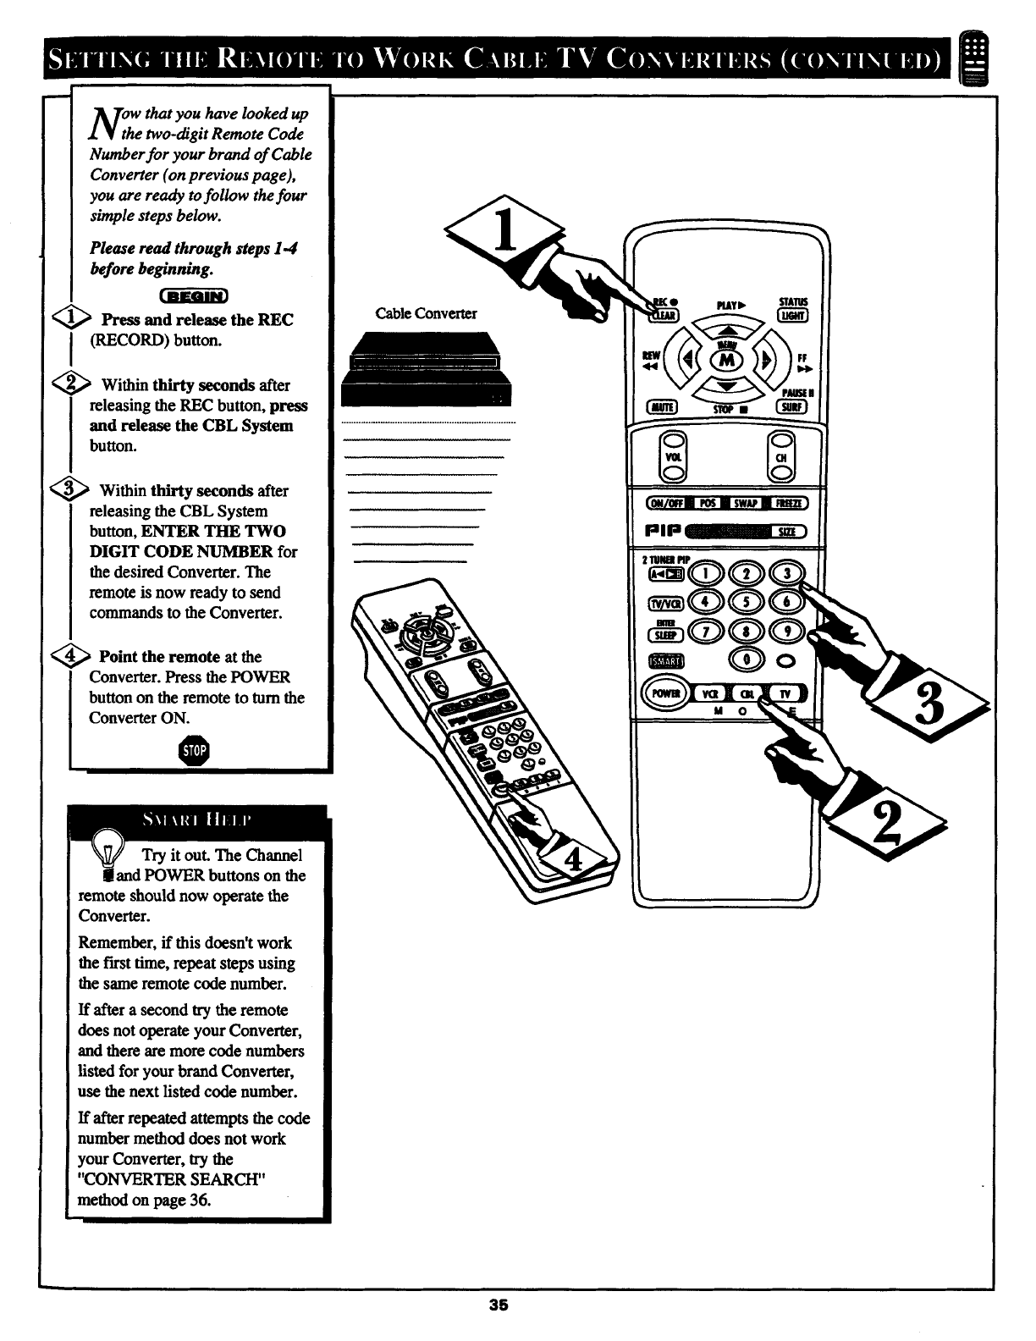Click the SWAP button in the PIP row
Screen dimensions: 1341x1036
point(743,504)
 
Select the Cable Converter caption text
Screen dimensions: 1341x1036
point(426,314)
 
